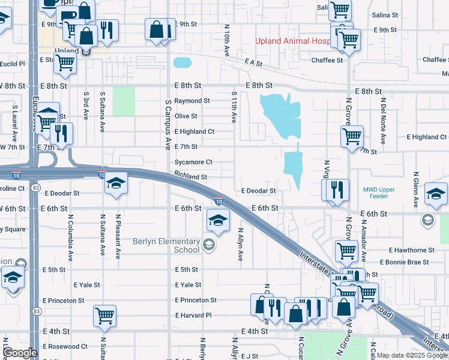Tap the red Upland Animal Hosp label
click(293, 41)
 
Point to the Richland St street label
click(191, 177)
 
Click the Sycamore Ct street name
click(193, 162)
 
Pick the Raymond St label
click(192, 101)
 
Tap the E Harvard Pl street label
click(193, 315)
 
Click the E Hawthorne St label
click(411, 250)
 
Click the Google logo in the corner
click(20, 353)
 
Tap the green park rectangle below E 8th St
click(124, 101)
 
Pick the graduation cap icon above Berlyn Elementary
click(218, 220)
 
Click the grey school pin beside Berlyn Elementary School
click(209, 243)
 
